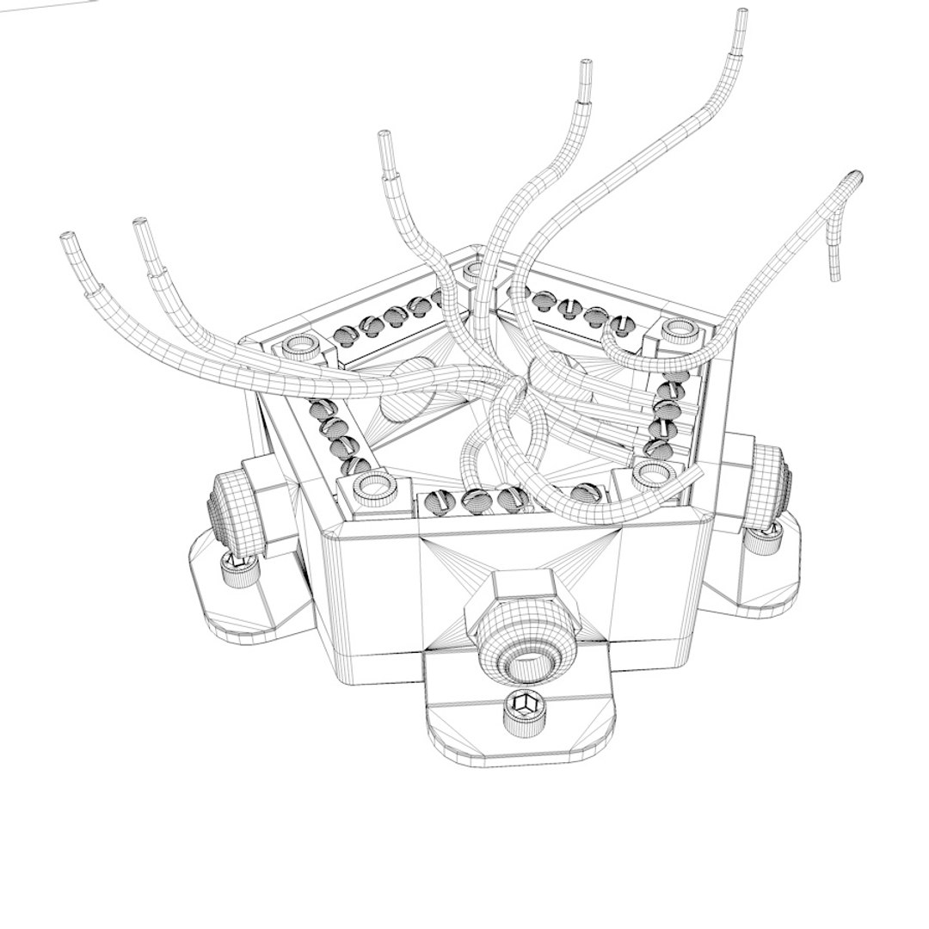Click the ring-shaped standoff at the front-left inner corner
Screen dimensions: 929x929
pos(374,486)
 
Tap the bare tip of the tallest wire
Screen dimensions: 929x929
pos(741,21)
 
